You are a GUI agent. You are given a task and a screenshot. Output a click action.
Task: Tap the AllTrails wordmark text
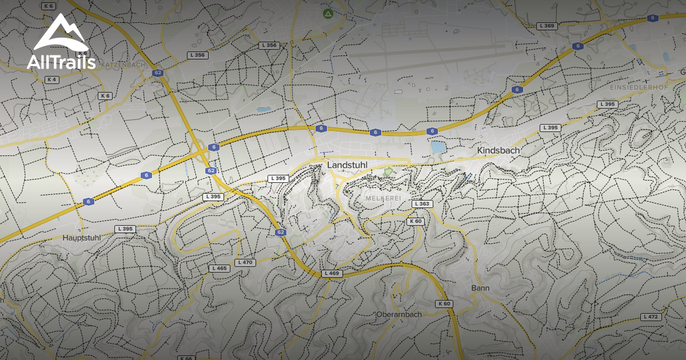(x=61, y=62)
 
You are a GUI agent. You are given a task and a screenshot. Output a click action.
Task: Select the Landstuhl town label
(x=347, y=165)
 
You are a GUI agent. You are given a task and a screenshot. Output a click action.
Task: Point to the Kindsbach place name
(x=498, y=150)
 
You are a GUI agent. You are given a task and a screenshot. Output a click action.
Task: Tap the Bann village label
(x=480, y=288)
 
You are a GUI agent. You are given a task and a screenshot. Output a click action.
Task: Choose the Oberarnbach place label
(x=399, y=314)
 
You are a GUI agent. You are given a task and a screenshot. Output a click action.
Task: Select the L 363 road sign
(x=422, y=204)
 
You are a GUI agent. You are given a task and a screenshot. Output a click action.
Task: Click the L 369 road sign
(x=547, y=26)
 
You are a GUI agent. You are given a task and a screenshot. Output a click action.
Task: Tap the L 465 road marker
(x=219, y=268)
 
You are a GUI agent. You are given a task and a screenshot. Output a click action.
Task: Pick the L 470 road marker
(x=244, y=262)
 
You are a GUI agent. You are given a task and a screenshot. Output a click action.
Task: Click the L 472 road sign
(x=651, y=317)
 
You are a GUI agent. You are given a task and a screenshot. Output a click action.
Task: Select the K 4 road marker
(x=51, y=79)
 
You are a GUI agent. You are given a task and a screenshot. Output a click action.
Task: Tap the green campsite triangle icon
(x=328, y=13)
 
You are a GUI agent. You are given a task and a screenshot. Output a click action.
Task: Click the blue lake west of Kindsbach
(x=438, y=147)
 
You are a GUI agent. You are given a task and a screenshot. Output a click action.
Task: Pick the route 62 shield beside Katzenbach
(x=158, y=73)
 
